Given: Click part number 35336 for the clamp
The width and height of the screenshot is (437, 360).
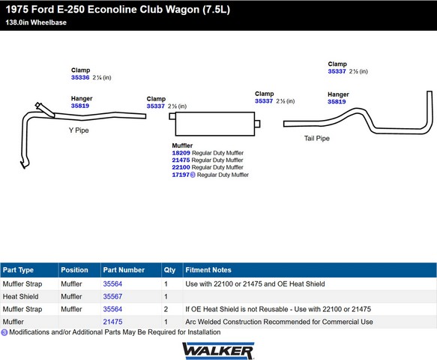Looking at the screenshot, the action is (x=80, y=77).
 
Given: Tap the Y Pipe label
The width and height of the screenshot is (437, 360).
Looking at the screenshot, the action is (x=79, y=130).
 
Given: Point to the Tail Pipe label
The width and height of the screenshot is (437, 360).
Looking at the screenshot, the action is (x=317, y=138).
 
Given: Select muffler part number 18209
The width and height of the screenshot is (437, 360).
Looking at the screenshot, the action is (x=181, y=153).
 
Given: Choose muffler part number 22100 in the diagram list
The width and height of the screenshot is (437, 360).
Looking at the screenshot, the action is (x=181, y=167).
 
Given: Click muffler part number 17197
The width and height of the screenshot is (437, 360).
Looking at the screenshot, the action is (x=181, y=175).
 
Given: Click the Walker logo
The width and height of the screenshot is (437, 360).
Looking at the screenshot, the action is (x=218, y=351).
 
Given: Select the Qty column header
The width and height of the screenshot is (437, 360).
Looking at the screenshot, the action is (x=169, y=270).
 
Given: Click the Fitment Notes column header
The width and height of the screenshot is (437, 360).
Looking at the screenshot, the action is (x=208, y=270).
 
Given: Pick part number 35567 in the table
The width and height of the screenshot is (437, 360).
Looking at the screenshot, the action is (x=112, y=296).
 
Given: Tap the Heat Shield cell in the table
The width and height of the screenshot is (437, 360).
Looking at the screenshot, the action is (x=21, y=296).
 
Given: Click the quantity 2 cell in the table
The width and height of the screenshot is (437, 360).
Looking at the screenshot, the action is (x=166, y=309).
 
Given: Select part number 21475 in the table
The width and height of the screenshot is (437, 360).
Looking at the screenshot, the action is (x=112, y=322).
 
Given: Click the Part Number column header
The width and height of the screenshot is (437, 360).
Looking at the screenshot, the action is (x=124, y=270).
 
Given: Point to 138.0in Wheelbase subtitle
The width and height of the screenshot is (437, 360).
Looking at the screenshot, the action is (x=36, y=22).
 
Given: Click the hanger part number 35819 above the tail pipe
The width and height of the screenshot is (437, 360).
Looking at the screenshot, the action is (x=337, y=101).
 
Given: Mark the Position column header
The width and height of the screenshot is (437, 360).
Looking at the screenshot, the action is (x=74, y=270).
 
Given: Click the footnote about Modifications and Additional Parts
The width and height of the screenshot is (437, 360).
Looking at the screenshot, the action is (x=111, y=332).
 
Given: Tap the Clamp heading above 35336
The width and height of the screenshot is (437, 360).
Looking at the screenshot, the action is (x=80, y=70).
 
